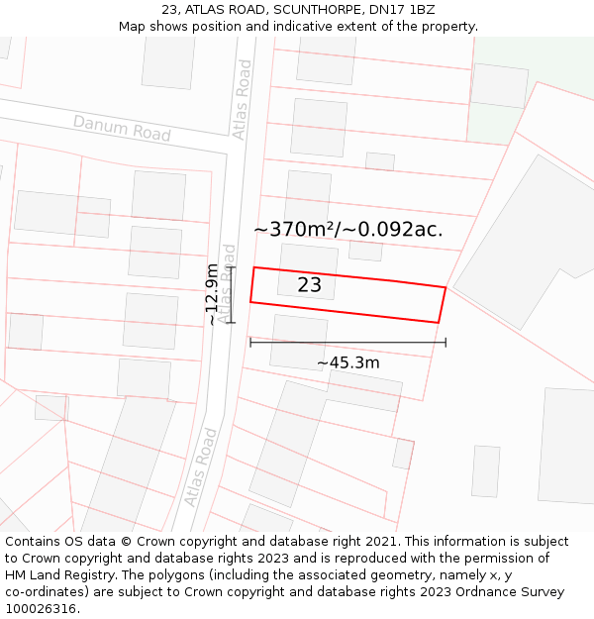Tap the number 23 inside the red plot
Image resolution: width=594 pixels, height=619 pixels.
310,285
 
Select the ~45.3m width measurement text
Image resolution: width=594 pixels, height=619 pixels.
347,362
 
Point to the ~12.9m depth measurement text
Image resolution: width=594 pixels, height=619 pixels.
212,294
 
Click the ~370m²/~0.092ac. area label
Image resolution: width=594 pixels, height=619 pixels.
347,230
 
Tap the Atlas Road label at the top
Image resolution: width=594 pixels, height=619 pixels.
243,99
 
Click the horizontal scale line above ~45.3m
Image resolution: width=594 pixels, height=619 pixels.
347,343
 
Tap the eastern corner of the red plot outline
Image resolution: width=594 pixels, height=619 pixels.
445,288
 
